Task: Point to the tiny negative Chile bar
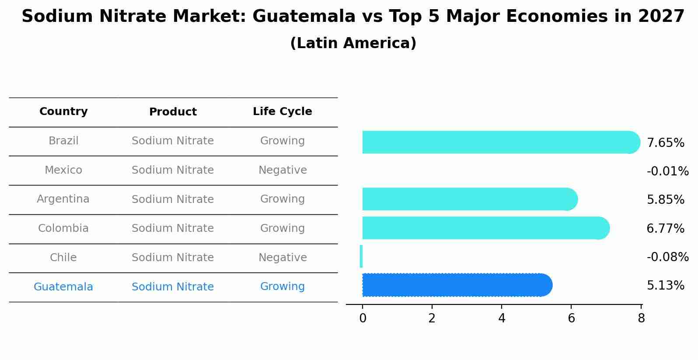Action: point(361,256)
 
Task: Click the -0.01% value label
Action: point(667,171)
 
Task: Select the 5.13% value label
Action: point(665,286)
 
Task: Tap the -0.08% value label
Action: point(667,257)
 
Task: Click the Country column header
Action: point(63,112)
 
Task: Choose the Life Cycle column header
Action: point(283,112)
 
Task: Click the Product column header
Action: point(173,112)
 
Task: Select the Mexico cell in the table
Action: point(63,170)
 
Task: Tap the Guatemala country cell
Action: point(63,287)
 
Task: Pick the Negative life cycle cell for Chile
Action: point(283,258)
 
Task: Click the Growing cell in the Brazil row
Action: point(283,141)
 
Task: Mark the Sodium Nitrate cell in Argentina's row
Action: point(173,199)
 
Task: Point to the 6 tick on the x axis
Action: point(571,318)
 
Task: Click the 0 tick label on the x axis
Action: point(363,318)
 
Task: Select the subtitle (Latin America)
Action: point(353,43)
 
